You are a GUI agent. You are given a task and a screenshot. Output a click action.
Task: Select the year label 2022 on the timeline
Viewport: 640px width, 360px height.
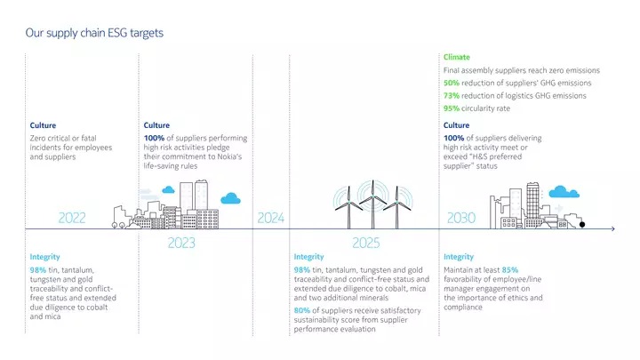[72, 218]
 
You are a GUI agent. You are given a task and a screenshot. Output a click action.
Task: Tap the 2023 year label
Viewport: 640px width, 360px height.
[181, 243]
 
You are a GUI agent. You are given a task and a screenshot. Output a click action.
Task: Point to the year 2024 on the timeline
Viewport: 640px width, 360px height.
[271, 218]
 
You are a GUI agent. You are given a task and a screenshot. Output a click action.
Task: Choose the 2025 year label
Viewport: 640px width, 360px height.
[366, 243]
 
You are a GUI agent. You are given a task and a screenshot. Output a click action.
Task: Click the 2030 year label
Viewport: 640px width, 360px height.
[460, 218]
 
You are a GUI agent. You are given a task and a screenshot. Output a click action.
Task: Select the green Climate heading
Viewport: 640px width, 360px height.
[457, 57]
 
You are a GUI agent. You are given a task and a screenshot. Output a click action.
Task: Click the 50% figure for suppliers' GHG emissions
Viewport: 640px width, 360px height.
[452, 84]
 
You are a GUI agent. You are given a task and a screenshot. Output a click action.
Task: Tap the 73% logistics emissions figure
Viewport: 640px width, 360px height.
[452, 96]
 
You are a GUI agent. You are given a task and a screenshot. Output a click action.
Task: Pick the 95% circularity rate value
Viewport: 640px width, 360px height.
[452, 109]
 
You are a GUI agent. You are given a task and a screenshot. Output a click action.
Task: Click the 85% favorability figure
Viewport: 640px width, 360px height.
[510, 269]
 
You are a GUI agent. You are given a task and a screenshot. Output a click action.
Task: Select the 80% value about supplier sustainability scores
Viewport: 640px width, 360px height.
[302, 311]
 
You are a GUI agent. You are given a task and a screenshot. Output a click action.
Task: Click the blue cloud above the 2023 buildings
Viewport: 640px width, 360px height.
[232, 197]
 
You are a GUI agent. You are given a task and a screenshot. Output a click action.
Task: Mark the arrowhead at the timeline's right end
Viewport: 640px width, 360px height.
[612, 229]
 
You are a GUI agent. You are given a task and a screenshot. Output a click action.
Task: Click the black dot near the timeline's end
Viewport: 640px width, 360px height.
[583, 225]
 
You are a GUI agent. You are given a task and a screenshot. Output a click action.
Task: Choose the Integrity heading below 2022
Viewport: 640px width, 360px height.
[44, 257]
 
